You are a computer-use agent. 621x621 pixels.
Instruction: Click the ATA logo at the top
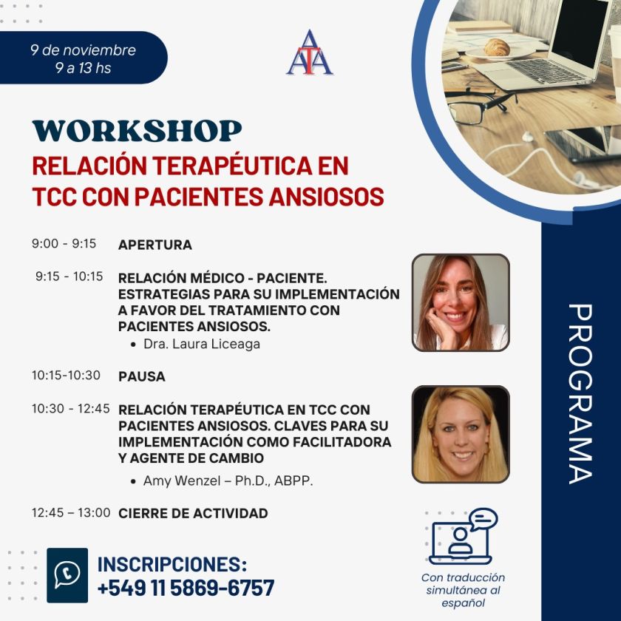(x=310, y=52)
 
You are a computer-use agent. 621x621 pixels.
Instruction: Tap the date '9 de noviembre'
(x=83, y=50)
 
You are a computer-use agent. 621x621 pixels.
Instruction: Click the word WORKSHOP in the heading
(x=137, y=131)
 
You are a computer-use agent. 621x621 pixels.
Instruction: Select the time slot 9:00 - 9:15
(x=64, y=243)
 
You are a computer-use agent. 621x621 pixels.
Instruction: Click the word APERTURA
(x=155, y=245)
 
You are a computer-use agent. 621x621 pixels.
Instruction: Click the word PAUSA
(x=141, y=376)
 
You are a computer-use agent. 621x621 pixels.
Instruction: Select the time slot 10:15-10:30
(x=66, y=376)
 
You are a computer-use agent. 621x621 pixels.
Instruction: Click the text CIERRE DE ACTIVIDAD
(x=193, y=513)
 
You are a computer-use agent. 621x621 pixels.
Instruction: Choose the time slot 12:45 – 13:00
(x=71, y=512)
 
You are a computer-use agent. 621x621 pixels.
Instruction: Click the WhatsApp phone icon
(x=67, y=574)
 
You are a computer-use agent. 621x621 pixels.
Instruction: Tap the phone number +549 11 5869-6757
(x=186, y=588)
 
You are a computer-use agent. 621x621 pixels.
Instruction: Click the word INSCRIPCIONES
(x=172, y=564)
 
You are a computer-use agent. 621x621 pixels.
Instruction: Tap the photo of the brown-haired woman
(x=460, y=302)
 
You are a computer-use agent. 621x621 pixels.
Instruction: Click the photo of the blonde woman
(x=460, y=434)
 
